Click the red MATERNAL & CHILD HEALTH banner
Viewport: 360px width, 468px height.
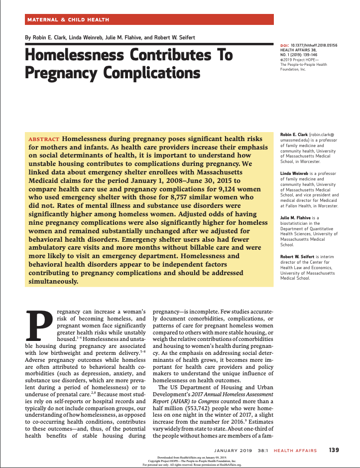click(x=149, y=19)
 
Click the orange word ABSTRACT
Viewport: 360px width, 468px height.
click(x=44, y=139)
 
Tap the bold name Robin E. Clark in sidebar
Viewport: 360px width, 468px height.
click(x=294, y=135)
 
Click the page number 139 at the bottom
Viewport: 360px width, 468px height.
click(x=334, y=451)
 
